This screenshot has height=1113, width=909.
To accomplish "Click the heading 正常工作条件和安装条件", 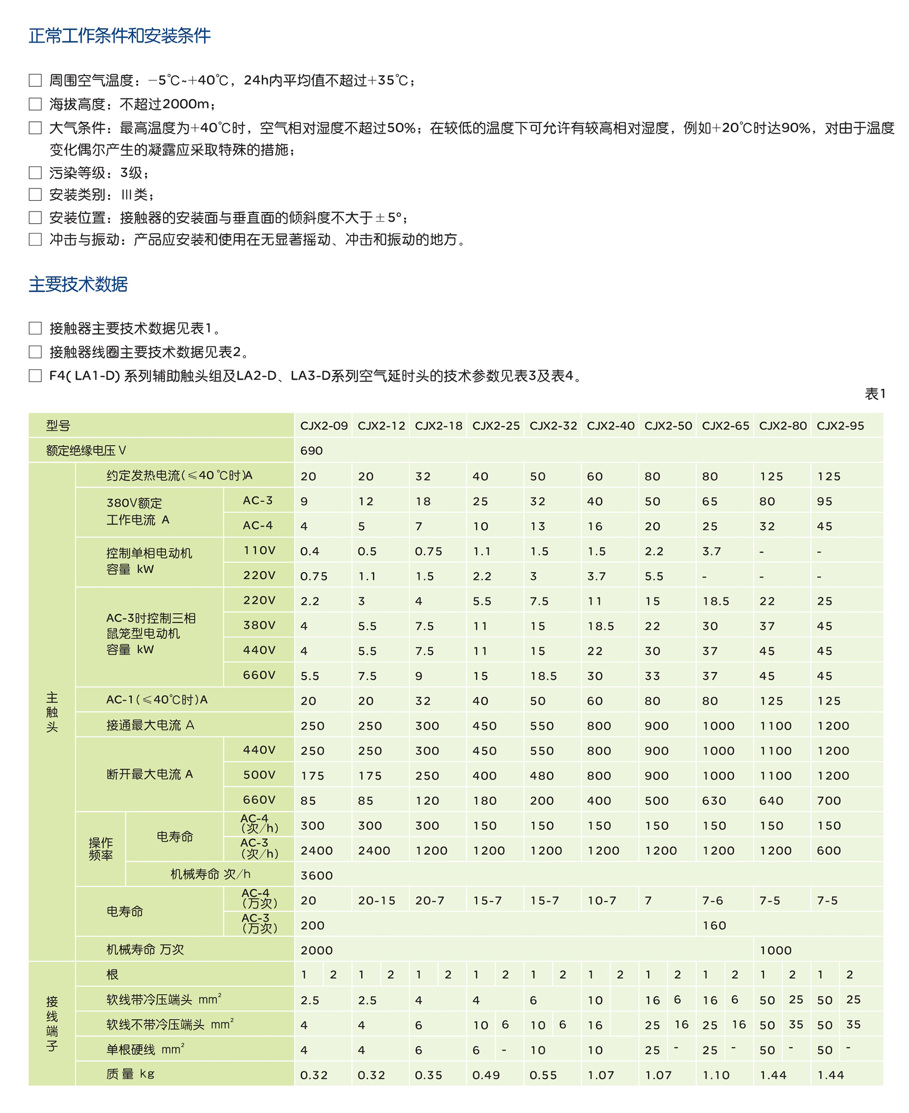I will (120, 35).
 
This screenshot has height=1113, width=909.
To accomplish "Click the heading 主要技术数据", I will (78, 284).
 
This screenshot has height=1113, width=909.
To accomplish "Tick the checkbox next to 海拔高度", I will (35, 104).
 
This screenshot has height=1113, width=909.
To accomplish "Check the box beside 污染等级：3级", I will (35, 173).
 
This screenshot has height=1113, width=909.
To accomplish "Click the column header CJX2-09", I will (324, 426).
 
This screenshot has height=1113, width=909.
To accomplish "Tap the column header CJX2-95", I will (840, 426).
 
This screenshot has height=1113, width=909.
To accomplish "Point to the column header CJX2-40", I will (610, 426).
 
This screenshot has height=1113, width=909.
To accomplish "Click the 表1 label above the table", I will (874, 394).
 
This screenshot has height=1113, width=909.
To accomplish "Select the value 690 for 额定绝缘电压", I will (311, 451).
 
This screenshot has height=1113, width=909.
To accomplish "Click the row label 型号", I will (58, 426).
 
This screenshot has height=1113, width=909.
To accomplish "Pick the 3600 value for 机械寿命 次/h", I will (316, 875).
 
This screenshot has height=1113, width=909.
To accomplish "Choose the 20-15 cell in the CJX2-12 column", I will (376, 900).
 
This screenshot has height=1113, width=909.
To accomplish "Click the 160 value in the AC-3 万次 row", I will (714, 926).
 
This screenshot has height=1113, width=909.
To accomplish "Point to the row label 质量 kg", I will (130, 1074).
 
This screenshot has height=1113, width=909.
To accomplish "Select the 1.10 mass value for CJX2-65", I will (716, 1075).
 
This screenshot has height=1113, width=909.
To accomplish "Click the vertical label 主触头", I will (52, 712).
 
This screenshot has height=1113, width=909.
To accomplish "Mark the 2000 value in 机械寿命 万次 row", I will (316, 950).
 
